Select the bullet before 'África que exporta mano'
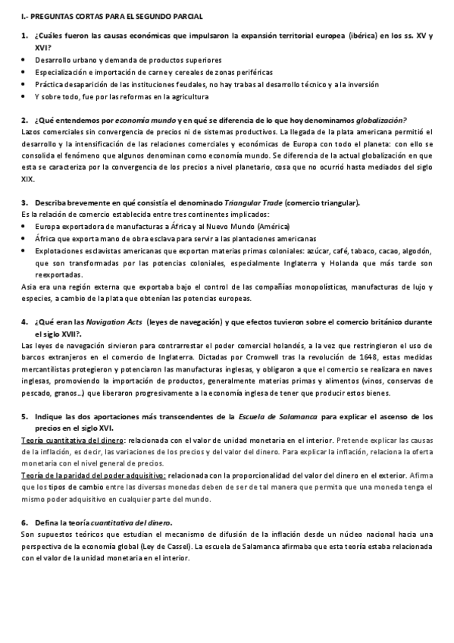[x=24, y=238]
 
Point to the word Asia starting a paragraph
[x=28, y=287]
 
